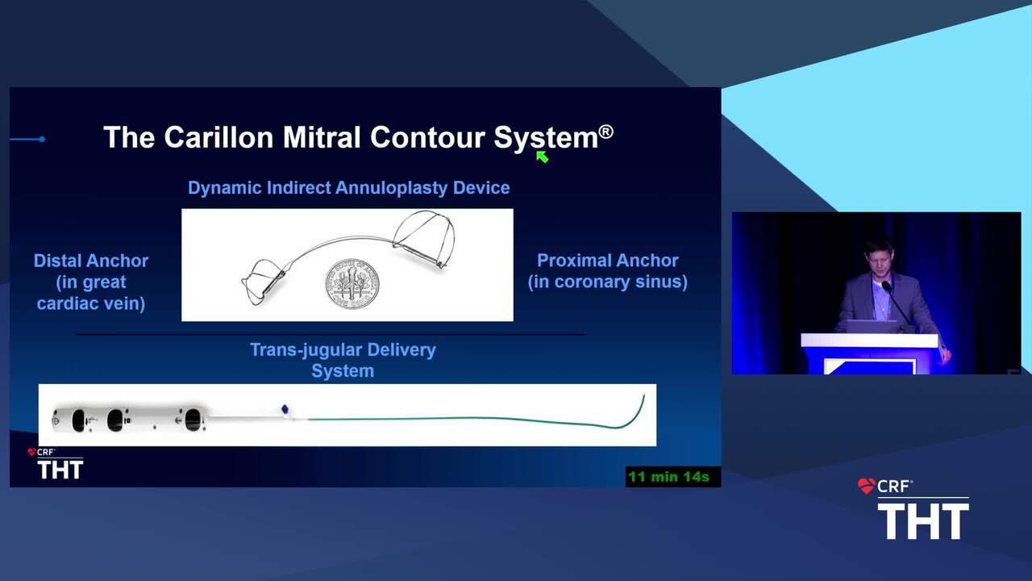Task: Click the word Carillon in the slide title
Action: pos(218,137)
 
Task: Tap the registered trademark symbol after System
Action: pos(605,132)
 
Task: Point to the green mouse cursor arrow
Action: pos(542,157)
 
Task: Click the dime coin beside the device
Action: pos(352,283)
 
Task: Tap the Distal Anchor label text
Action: pos(91,261)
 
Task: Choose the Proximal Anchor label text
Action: pos(607,261)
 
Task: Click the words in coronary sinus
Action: pos(607,282)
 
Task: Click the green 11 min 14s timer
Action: pos(668,477)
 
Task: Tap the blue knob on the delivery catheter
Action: pos(285,408)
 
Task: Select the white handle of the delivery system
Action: pos(130,419)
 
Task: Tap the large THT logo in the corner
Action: pos(923,521)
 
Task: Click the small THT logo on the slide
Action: pos(60,470)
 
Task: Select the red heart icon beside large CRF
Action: pos(867,486)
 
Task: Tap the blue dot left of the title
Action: pos(42,140)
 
